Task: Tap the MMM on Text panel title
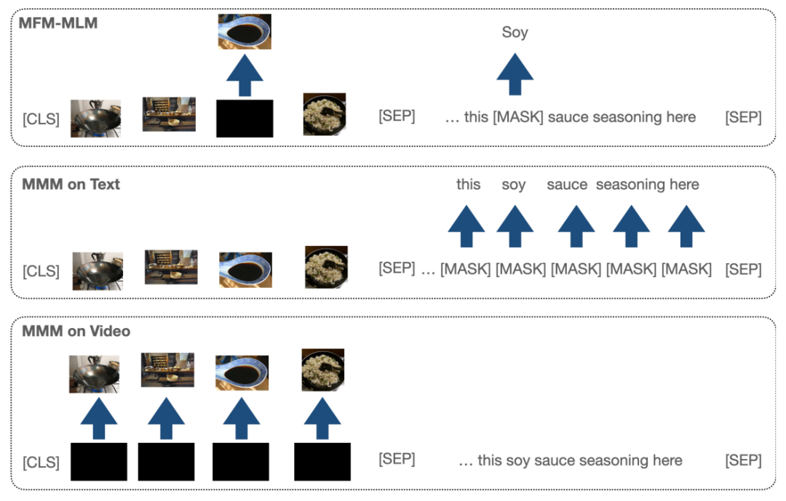point(71,184)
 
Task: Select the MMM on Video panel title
point(76,331)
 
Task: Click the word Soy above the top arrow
point(515,33)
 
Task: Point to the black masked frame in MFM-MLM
point(245,119)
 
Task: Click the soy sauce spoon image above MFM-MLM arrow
point(245,32)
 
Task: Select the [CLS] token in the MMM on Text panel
point(41,270)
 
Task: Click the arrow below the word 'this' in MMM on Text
point(467,228)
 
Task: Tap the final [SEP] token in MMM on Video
point(743,460)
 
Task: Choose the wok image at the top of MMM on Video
point(94,374)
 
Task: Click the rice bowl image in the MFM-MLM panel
point(325,114)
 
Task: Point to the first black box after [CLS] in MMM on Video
point(98,462)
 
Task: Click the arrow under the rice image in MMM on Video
point(322,420)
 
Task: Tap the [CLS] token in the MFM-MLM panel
point(41,119)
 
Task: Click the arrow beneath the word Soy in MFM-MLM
point(515,75)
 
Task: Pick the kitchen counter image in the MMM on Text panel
point(171,267)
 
